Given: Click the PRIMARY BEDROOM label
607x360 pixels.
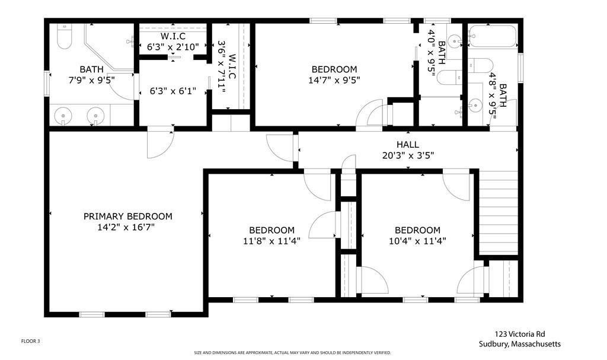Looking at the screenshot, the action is tap(128, 216).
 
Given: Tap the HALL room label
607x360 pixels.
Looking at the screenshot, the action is tap(408, 145).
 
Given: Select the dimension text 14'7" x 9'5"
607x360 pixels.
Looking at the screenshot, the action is tap(334, 80).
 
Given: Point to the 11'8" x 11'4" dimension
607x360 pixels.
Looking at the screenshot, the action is tap(271, 241).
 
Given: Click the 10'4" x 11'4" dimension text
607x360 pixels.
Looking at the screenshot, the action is tap(417, 241).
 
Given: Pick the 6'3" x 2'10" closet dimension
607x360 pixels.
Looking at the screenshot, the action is tap(172, 47).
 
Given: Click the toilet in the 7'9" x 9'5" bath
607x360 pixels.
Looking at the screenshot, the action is tap(64, 36).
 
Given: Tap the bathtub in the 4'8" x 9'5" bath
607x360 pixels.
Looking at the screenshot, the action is tap(493, 36).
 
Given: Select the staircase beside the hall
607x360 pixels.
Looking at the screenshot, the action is tap(499, 212).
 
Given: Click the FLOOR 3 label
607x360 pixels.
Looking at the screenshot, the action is tap(30, 342).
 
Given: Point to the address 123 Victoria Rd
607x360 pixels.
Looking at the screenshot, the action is tap(520, 334).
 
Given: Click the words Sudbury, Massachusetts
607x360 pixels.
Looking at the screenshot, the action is tap(519, 344).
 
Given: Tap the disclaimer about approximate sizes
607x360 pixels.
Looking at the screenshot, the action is tap(292, 353).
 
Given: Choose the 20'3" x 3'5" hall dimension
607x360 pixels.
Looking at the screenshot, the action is tap(408, 155).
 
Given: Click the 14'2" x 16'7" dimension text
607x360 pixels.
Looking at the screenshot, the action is tap(126, 227).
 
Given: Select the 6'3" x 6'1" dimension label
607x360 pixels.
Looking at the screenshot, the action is tap(172, 91).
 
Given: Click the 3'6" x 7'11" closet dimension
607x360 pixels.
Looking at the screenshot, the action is tap(227, 66).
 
